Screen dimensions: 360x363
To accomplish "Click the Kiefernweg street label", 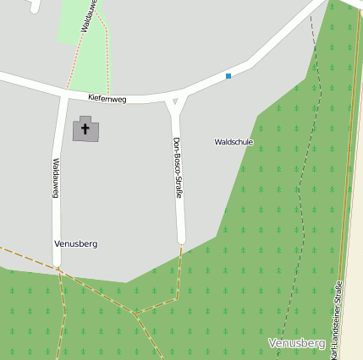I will (107, 99).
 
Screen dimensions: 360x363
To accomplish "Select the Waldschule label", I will (234, 142).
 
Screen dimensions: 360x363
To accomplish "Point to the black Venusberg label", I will (75, 243).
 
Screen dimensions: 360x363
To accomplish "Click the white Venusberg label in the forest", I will (296, 344).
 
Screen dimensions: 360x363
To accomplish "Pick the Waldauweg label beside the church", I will (55, 177).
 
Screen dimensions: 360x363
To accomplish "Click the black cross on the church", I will (85, 129).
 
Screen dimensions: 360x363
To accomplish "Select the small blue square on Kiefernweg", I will (228, 77).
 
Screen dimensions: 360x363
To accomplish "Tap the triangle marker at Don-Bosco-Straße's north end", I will (175, 102).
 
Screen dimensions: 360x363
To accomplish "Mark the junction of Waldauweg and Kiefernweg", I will (63, 94).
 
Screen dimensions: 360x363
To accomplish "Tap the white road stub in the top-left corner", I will (35, 5).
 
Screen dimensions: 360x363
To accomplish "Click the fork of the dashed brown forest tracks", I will (135, 313).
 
